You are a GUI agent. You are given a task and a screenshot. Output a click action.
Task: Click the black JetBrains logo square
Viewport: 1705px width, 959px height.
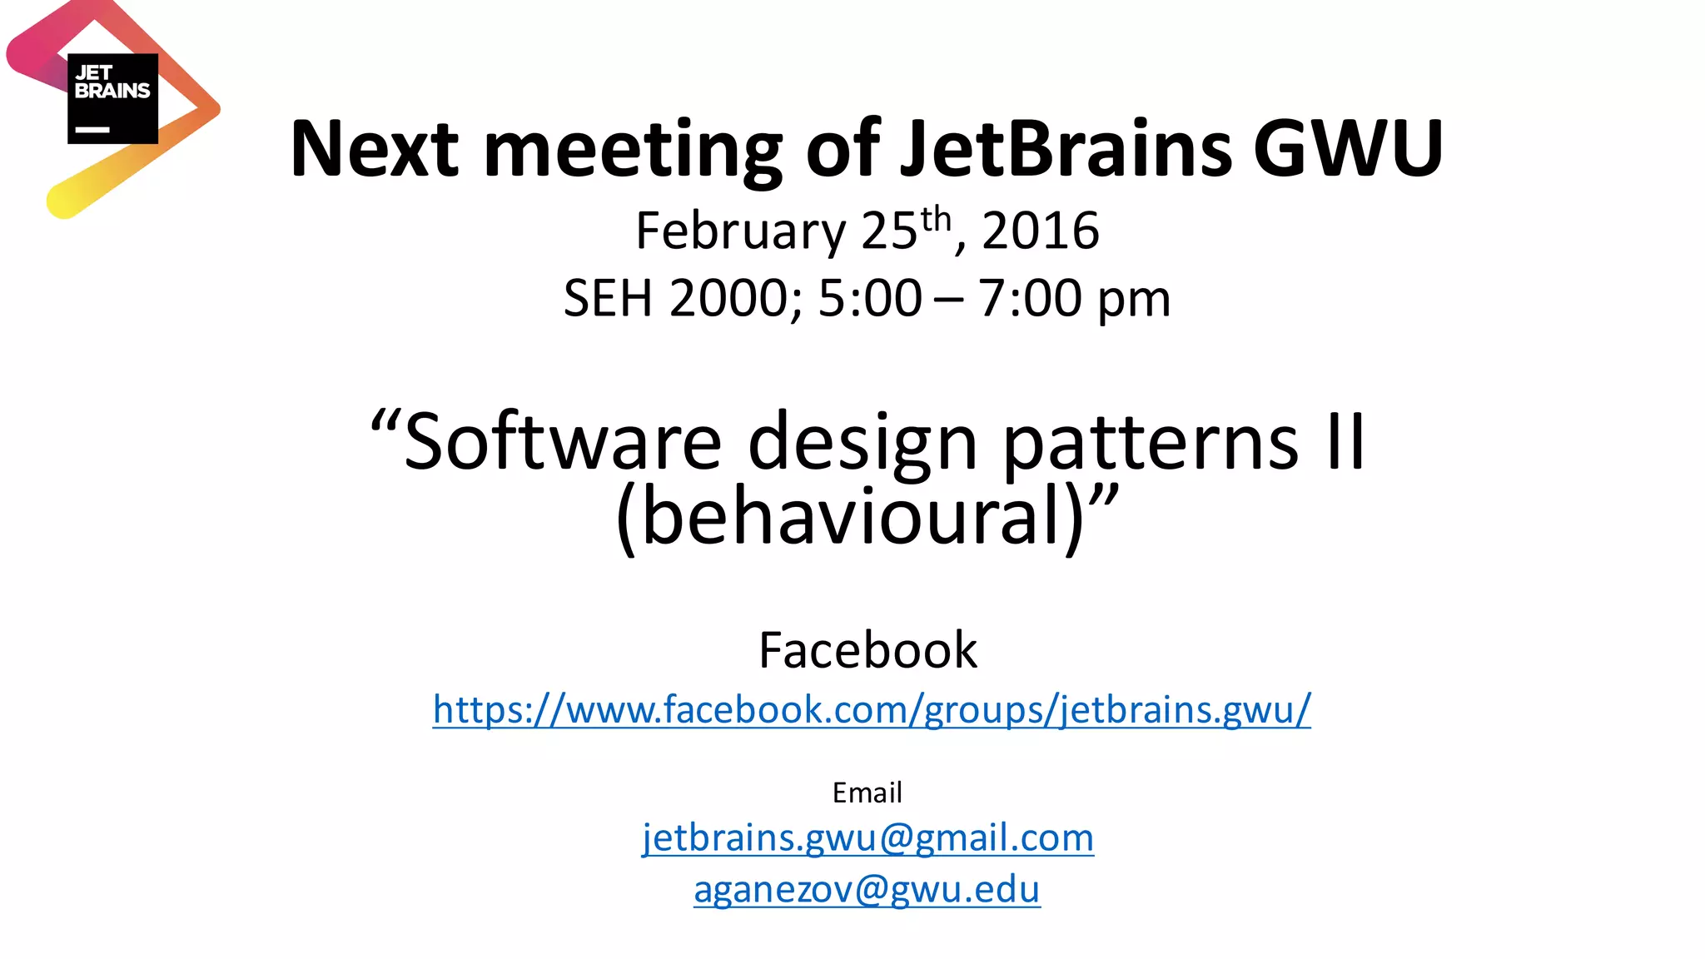tap(112, 98)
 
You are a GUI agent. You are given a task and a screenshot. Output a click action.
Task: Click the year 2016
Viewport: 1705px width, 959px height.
tap(1041, 231)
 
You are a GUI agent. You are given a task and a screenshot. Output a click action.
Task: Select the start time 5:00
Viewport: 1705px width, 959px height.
tap(870, 299)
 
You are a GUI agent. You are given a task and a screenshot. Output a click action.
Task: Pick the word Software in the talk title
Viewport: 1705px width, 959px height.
tap(563, 443)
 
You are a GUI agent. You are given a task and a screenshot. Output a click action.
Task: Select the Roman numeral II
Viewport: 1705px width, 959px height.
tap(1345, 443)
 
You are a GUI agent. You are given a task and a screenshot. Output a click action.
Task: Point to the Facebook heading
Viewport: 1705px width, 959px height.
tap(867, 650)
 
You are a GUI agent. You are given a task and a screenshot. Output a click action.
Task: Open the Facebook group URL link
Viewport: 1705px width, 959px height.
tap(872, 710)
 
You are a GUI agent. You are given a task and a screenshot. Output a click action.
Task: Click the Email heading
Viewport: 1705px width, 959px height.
tap(867, 793)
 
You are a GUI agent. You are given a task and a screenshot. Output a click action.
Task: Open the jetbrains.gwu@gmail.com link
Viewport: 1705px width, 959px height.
tap(867, 837)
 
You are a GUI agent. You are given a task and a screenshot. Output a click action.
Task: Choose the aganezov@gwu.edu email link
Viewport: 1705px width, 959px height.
tap(867, 890)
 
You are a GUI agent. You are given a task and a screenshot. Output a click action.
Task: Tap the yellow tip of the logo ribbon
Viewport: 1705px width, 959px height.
tap(63, 202)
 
